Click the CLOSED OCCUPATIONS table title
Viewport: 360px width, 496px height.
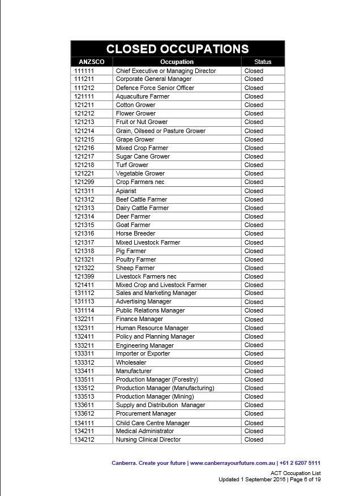click(177, 49)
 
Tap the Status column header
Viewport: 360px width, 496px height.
click(263, 62)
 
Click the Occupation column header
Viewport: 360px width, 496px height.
click(177, 62)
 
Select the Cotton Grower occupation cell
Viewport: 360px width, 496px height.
click(135, 105)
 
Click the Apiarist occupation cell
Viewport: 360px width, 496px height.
click(126, 191)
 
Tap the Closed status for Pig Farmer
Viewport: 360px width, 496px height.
click(254, 251)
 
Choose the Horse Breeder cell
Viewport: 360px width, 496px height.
click(135, 233)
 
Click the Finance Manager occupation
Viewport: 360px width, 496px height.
click(139, 319)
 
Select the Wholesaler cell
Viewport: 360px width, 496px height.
click(131, 362)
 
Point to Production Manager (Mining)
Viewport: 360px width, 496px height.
click(155, 396)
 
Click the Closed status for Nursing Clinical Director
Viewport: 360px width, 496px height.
click(254, 439)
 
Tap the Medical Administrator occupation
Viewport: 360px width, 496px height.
click(145, 431)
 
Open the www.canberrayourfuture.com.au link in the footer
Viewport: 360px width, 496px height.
click(232, 463)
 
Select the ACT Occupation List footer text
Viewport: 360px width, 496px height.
click(295, 473)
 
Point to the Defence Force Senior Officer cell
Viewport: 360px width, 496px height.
click(155, 88)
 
